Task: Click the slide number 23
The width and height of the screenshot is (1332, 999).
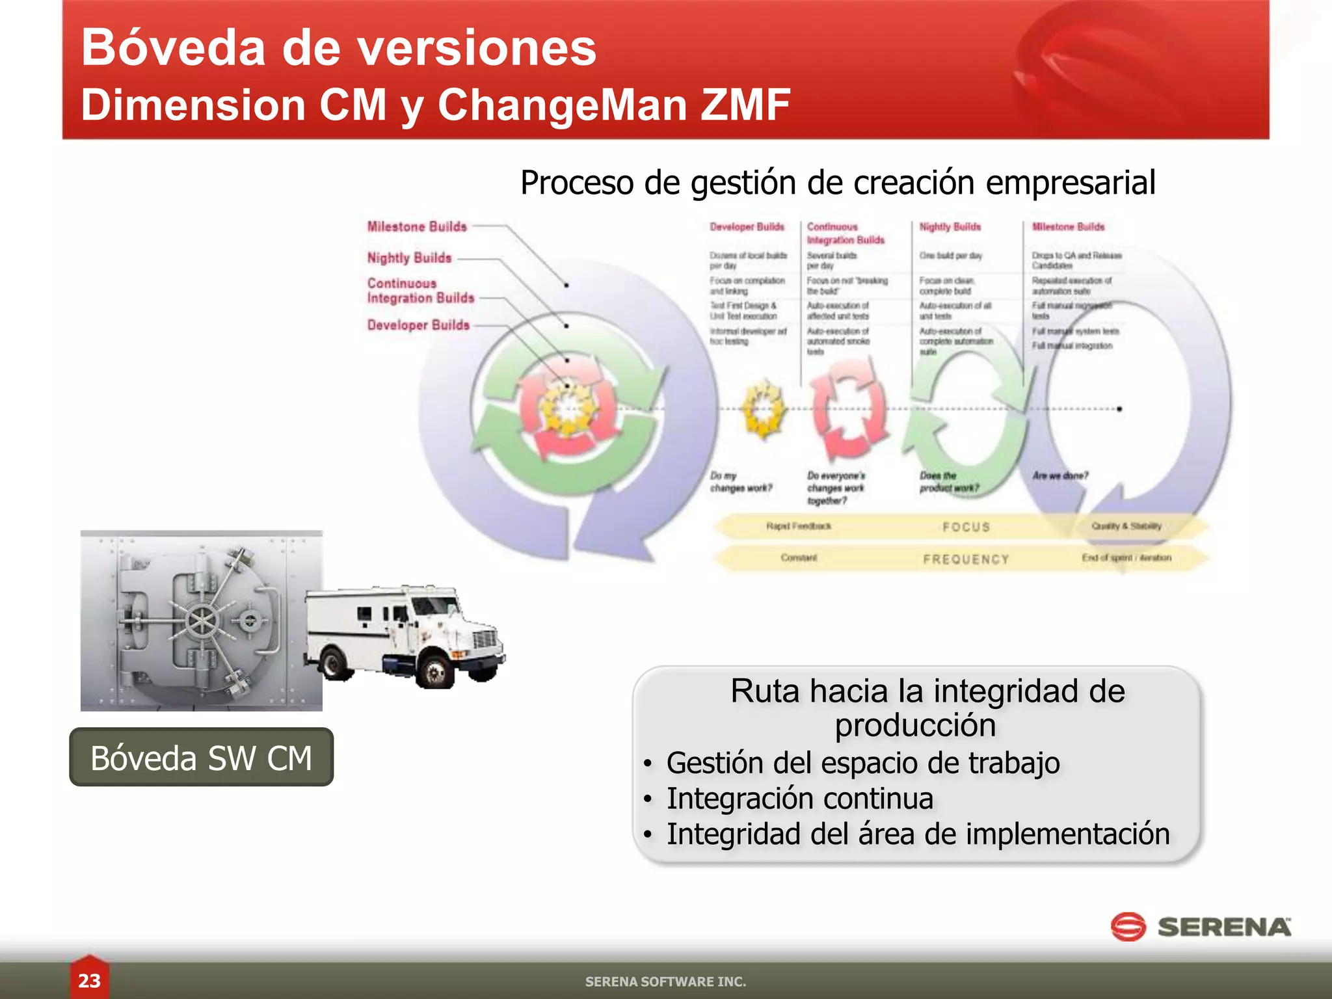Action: [89, 980]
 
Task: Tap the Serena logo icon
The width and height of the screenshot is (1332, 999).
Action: [1128, 927]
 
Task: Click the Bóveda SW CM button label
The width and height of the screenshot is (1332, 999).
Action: [201, 758]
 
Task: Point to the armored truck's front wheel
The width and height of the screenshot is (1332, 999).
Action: [434, 670]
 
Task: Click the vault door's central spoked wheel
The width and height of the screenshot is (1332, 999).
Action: [202, 621]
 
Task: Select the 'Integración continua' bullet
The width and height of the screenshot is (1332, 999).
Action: [800, 799]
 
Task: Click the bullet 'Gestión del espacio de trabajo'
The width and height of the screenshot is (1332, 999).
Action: [863, 763]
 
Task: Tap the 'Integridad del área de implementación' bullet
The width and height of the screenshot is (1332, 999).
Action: [918, 834]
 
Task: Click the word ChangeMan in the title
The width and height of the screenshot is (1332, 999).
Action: [563, 105]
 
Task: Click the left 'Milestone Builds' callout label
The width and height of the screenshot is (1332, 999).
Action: [417, 226]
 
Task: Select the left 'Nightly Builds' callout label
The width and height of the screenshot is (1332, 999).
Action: [409, 258]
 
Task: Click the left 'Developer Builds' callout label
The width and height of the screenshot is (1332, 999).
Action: [418, 325]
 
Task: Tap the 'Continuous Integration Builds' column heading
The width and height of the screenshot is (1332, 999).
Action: [845, 233]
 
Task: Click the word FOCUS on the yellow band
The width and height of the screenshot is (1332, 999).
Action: [966, 527]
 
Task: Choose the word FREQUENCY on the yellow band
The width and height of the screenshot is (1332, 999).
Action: [966, 559]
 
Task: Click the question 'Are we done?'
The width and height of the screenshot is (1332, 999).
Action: [1060, 475]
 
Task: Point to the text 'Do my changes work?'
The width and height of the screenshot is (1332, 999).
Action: [740, 482]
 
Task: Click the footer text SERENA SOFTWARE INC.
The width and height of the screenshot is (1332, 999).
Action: [665, 981]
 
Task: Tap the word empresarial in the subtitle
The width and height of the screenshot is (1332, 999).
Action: [1071, 182]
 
